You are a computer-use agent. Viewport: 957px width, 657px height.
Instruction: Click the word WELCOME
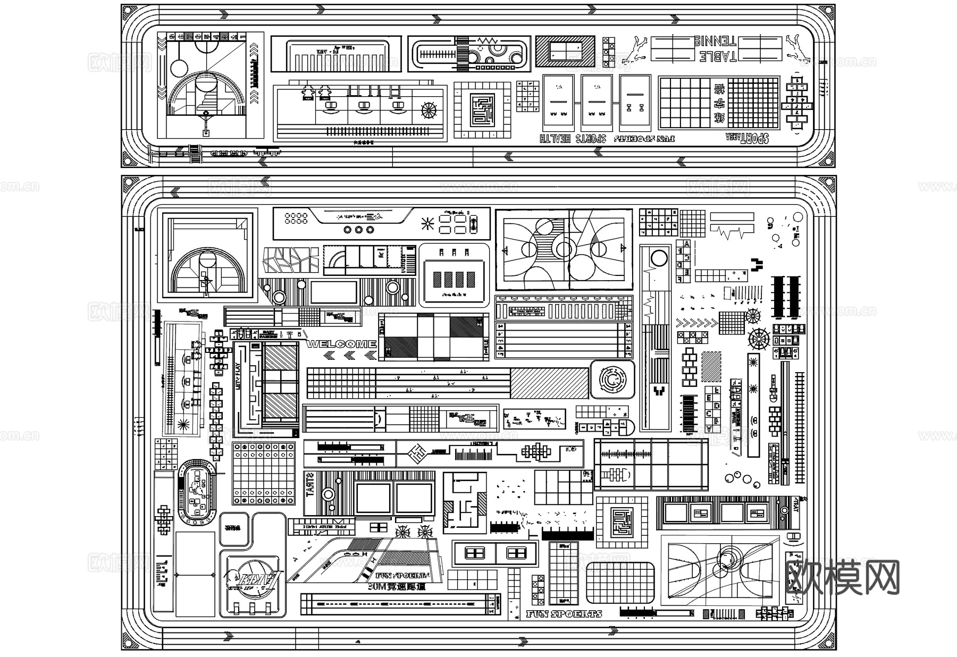[x=341, y=344]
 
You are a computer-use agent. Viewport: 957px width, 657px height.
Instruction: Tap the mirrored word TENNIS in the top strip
[x=715, y=41]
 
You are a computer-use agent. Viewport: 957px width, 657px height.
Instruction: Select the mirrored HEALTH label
[x=555, y=139]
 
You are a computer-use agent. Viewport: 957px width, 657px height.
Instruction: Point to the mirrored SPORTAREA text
[x=748, y=138]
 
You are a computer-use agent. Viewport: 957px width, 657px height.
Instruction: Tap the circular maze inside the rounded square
[x=612, y=378]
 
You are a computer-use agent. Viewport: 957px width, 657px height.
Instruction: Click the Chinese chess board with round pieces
[x=264, y=473]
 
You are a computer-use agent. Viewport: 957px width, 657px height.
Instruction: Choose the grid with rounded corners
[x=620, y=582]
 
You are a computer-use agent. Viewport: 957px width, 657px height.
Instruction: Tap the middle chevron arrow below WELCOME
[x=349, y=356]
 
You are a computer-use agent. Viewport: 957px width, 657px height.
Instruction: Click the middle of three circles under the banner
[x=358, y=230]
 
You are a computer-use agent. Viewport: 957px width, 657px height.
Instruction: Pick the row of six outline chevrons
[x=696, y=323]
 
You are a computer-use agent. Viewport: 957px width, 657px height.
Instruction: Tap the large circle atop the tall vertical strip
[x=659, y=259]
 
